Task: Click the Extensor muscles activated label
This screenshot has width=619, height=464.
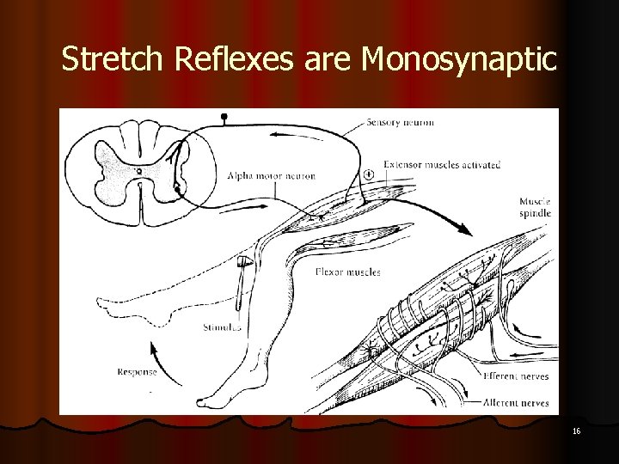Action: (x=442, y=165)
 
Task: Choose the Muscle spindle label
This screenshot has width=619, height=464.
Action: (x=535, y=207)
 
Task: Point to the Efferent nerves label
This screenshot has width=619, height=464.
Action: (x=515, y=376)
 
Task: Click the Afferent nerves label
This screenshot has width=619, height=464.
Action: (x=515, y=401)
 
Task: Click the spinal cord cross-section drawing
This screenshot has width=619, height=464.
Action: (x=138, y=171)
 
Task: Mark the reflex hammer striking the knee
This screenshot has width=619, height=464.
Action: (x=245, y=266)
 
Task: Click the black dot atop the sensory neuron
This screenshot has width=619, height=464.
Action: (x=225, y=115)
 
